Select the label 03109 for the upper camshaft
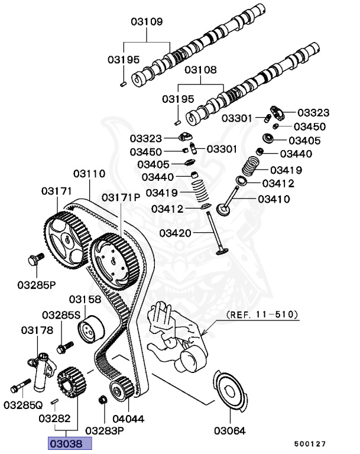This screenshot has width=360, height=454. (x=147, y=22)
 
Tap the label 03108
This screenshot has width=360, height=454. (x=202, y=70)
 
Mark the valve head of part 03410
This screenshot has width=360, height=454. (x=224, y=210)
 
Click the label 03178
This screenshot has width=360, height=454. (x=38, y=329)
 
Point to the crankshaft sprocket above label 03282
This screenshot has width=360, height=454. (x=70, y=382)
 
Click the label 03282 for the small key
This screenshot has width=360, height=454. (x=55, y=419)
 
